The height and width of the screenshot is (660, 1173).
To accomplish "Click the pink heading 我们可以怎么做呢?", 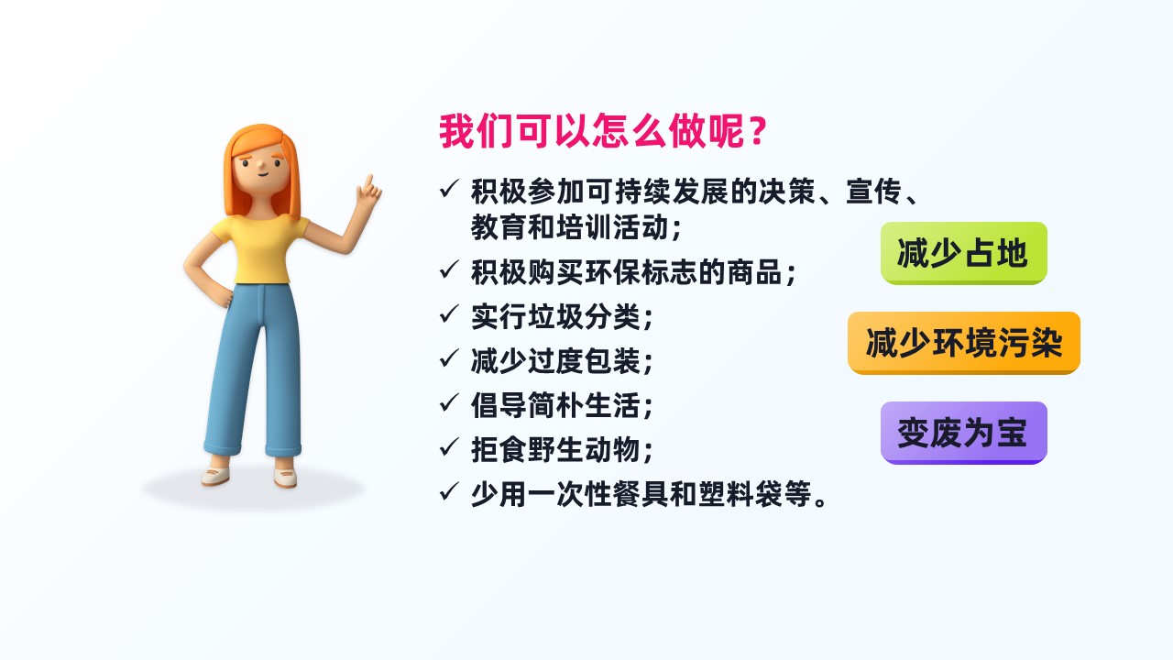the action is tap(603, 131).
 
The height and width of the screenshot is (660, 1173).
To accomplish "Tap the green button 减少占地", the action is tap(963, 253).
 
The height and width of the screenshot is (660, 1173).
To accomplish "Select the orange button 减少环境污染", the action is tap(963, 343).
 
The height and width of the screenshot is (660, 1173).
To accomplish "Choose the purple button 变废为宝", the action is tap(963, 433).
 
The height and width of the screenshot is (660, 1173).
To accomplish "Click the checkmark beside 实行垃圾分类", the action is tap(449, 313).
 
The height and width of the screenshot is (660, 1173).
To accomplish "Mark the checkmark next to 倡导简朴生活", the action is tap(449, 402).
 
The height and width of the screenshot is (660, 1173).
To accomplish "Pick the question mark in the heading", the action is tap(758, 131).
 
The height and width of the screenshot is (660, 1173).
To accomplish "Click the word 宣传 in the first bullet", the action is tap(873, 192).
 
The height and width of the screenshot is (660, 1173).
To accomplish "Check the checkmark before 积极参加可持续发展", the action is tap(449, 188).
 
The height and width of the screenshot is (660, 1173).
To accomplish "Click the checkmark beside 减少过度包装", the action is tap(449, 358).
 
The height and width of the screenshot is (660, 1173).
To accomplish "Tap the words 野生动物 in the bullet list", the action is tap(584, 449).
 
